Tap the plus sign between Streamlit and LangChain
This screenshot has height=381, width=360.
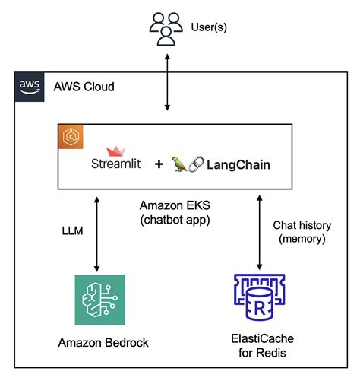click(x=159, y=164)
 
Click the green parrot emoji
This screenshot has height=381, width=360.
click(x=181, y=163)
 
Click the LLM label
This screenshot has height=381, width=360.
click(x=72, y=230)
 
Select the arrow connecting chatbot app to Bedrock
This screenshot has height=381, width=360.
click(x=96, y=231)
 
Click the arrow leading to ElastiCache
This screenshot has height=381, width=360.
click(x=261, y=231)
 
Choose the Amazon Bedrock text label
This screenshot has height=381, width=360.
click(x=103, y=343)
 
